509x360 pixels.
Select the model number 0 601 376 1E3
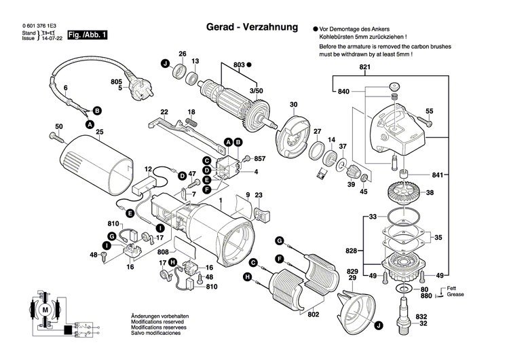pos(35,25)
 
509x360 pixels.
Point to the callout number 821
pos(365,69)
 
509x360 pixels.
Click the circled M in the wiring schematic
pos(45,310)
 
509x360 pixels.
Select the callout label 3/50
pos(254,90)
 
